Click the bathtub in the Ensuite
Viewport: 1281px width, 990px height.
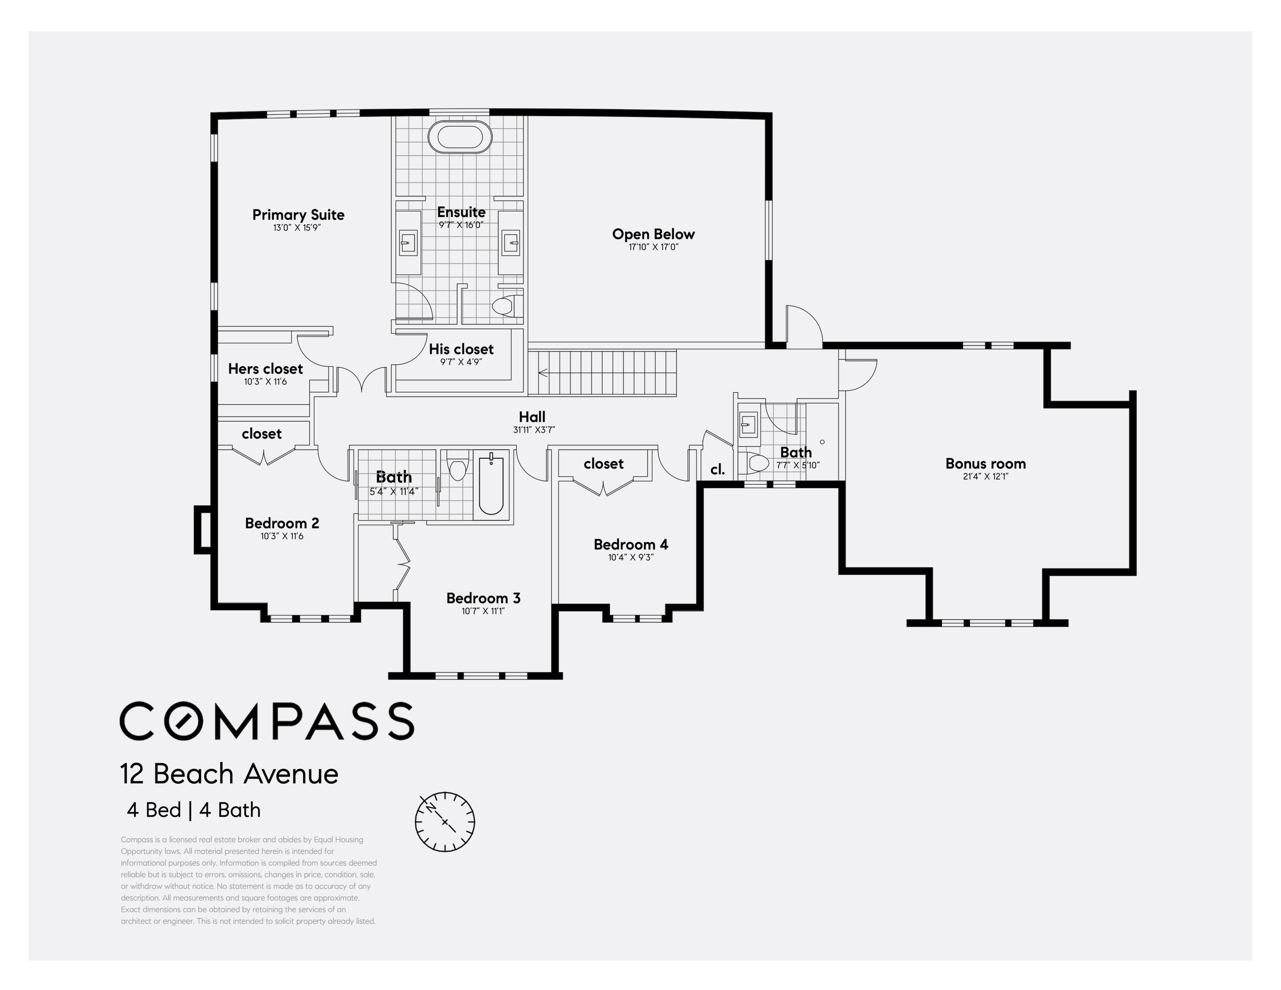coord(460,137)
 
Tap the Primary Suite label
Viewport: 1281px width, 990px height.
coord(298,215)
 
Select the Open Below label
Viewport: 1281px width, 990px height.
coord(653,234)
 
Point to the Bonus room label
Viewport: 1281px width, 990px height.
coord(986,463)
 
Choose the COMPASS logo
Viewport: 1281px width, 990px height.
coord(267,721)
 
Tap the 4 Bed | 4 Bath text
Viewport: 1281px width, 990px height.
coord(193,810)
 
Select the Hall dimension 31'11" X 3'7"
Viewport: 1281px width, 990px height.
coord(534,429)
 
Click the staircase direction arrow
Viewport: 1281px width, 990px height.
coord(543,372)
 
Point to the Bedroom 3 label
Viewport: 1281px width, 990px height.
coord(483,598)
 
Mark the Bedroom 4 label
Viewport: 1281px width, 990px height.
coord(631,544)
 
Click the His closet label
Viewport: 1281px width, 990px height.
coord(461,349)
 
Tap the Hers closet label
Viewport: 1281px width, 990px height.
coord(265,368)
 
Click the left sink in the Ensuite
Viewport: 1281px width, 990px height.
coord(408,242)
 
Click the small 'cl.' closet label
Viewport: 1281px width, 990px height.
coord(717,469)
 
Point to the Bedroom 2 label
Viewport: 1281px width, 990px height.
coord(282,523)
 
